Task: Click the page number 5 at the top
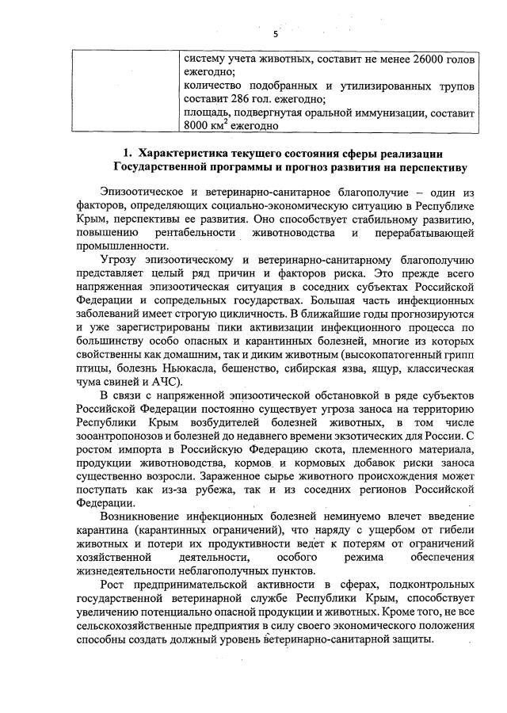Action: pos(275,34)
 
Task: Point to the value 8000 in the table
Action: pos(196,126)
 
